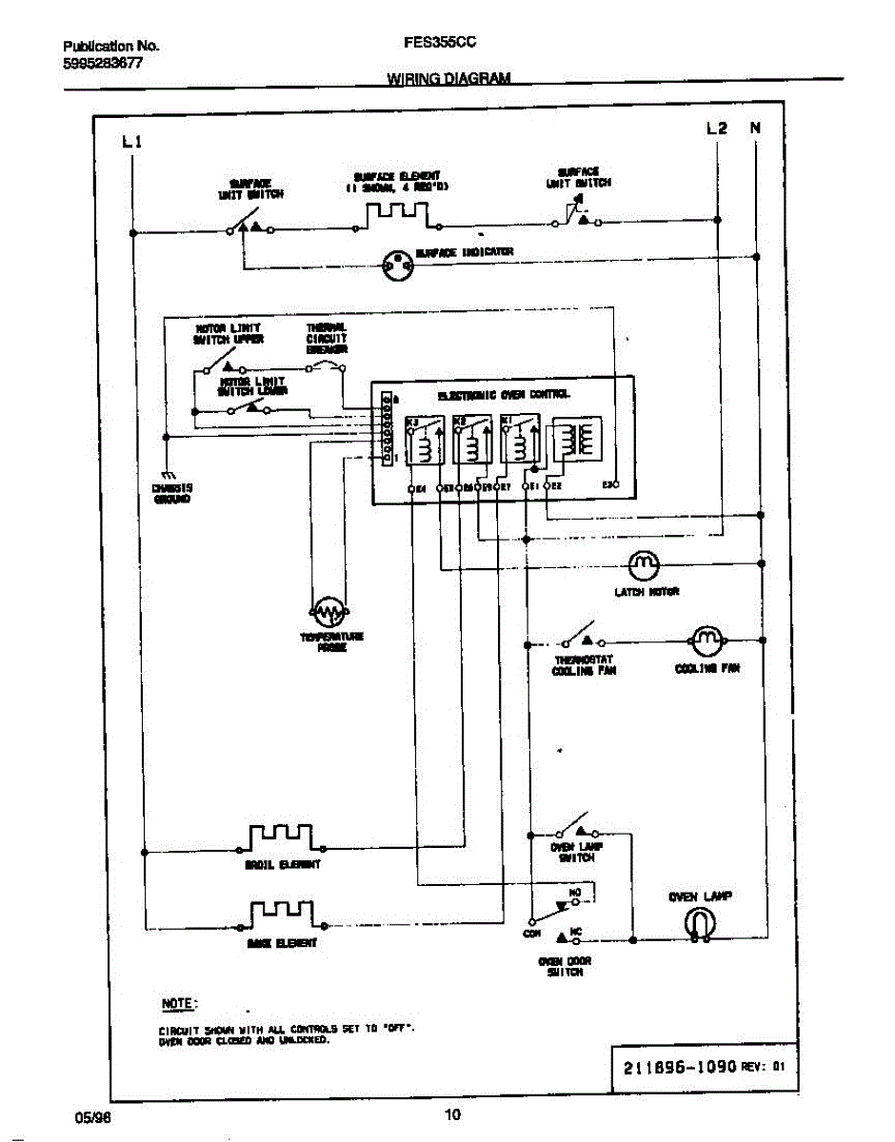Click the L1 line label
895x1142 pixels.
pyautogui.click(x=131, y=143)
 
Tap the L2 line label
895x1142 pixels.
pyautogui.click(x=717, y=128)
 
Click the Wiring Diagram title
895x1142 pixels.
pyautogui.click(x=448, y=79)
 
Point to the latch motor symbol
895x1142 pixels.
pyautogui.click(x=644, y=565)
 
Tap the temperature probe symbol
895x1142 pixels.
pyautogui.click(x=328, y=610)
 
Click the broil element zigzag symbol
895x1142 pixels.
pyautogui.click(x=281, y=837)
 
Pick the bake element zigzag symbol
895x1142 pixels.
pyautogui.click(x=281, y=915)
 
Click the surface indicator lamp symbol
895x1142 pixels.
pyautogui.click(x=397, y=267)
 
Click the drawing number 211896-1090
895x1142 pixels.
pyautogui.click(x=679, y=1067)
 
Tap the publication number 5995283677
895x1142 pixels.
pyautogui.click(x=104, y=63)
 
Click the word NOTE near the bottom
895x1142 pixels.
pyautogui.click(x=179, y=1004)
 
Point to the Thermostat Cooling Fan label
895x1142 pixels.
pyautogui.click(x=584, y=664)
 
